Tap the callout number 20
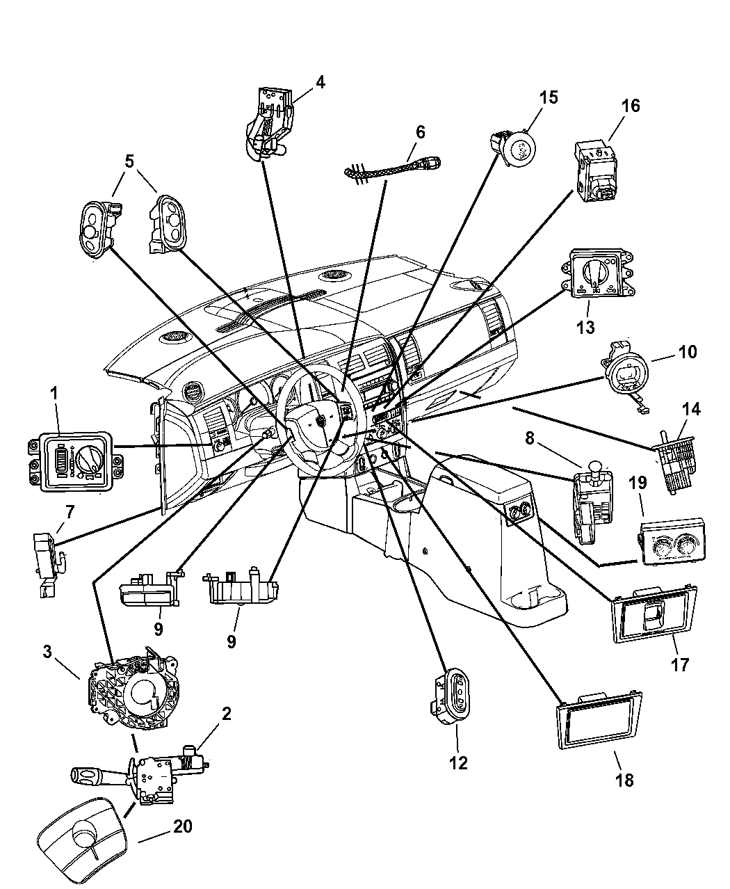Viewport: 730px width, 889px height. click(183, 826)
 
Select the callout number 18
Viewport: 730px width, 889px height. click(624, 780)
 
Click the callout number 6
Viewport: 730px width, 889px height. click(420, 132)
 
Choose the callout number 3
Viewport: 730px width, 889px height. click(47, 652)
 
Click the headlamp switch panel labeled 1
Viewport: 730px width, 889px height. click(75, 462)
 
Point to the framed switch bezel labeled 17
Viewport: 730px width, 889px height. click(654, 612)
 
